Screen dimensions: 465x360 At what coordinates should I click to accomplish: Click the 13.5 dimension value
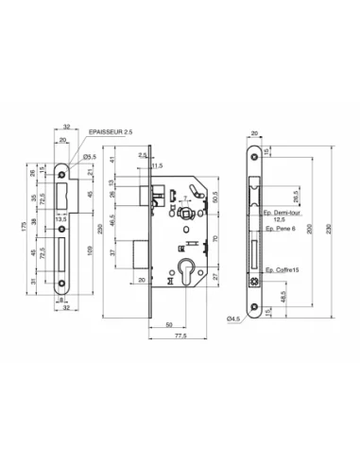point(60,218)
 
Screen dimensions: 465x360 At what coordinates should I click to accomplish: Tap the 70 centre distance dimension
point(215,241)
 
